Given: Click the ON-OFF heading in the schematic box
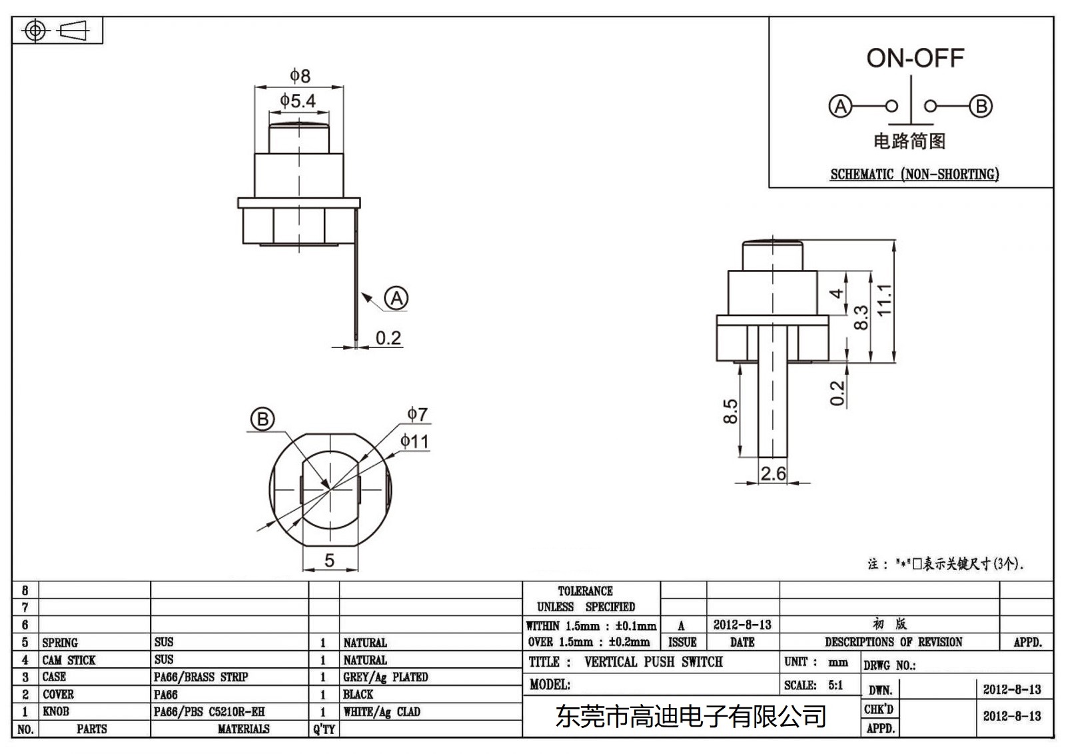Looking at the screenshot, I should pos(915,58).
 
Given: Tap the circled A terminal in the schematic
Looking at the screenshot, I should pos(840,106).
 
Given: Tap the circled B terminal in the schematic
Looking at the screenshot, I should pos(980,106).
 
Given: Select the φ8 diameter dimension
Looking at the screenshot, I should pos(300,75).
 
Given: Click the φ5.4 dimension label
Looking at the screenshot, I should pos(297,101).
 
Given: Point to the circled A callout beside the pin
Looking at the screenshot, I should pos(397,298).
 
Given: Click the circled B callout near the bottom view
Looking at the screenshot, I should pos(262,419).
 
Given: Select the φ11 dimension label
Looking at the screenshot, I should pos(414,441).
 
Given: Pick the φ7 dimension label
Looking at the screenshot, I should pos(418,414).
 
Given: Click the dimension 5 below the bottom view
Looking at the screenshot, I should pos(329,561).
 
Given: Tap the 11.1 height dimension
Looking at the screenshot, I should pos(884,300).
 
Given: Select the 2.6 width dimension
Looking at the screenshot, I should pos(773,473).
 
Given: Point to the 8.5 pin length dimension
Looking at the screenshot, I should pos(731,411).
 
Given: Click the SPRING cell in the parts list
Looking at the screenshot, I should pos(60,643).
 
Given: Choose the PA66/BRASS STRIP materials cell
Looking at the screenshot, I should pos(201,677).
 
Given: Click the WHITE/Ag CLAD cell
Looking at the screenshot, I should pos(381,712).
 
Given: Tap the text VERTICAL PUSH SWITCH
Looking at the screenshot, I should pos(653,662).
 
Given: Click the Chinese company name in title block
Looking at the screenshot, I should pos(690,717).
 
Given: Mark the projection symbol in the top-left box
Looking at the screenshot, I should pos(57,31).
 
